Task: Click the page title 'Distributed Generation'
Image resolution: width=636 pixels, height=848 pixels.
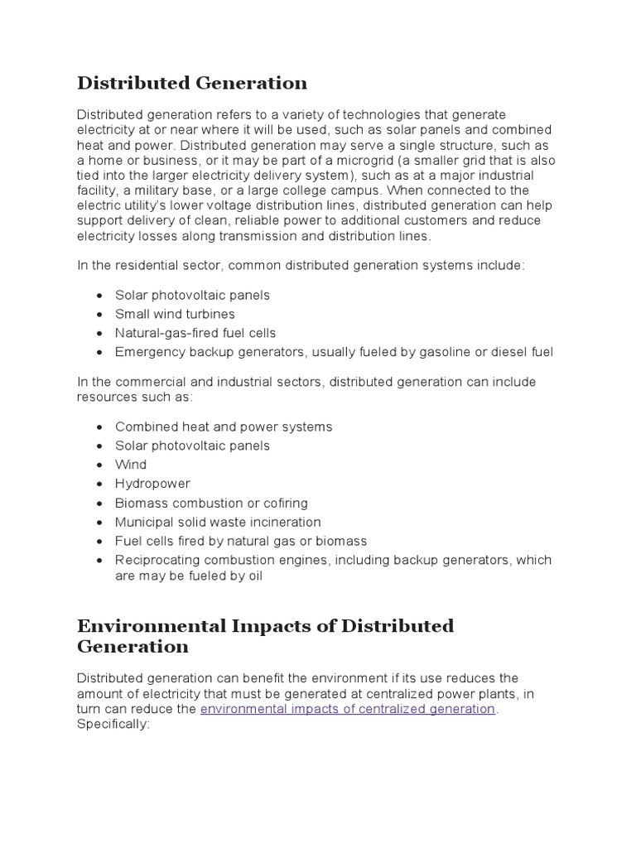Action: point(192,83)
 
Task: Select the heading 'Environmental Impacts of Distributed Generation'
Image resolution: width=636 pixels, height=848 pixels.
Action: point(265,635)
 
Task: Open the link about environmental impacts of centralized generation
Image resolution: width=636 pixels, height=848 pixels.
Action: point(348,709)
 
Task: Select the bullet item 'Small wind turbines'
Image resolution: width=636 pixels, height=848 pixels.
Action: point(175,314)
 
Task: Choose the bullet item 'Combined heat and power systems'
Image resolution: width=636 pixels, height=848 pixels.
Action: point(224,426)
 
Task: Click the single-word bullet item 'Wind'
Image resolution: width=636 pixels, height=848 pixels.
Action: point(131,465)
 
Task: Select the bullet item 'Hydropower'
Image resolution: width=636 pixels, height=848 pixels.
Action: point(152,484)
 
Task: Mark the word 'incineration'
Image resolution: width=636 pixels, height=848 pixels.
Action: point(284,522)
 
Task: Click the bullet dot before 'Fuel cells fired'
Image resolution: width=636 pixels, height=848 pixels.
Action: point(99,542)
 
